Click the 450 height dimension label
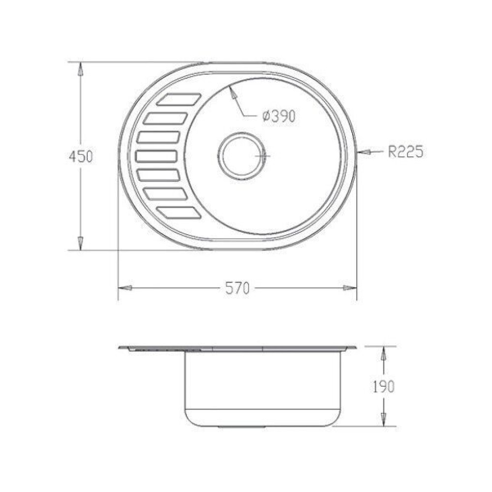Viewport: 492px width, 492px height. point(81,156)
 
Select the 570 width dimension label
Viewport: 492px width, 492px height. point(237,288)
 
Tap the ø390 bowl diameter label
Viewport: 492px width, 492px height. point(279,117)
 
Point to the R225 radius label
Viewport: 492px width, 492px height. point(406,152)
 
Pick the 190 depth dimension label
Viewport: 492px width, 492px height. point(383,387)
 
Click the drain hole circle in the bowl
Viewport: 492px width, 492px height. point(241,156)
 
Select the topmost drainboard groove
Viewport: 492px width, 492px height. point(179,99)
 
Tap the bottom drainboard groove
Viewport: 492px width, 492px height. point(179,213)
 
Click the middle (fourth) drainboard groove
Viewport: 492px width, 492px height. point(156,156)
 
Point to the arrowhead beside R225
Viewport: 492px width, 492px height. point(364,152)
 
